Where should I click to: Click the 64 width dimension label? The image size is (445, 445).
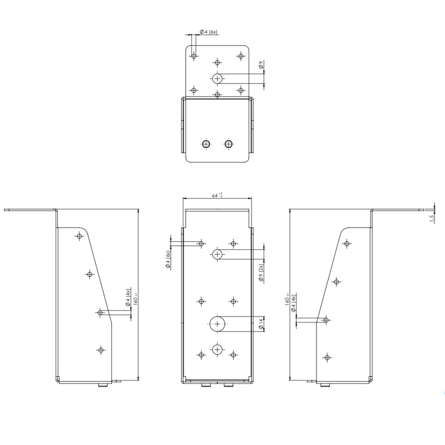[x=217, y=195]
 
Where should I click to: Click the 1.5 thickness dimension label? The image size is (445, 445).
[x=432, y=219]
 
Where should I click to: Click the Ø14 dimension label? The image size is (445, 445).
[x=261, y=323]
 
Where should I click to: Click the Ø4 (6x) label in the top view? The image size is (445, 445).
[x=208, y=33]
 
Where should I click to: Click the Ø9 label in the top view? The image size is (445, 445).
[x=261, y=67]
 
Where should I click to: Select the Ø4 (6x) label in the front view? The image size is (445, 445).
[x=167, y=260]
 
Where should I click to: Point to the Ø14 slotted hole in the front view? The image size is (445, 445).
[x=217, y=323]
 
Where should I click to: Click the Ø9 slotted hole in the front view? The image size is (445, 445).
[x=217, y=254]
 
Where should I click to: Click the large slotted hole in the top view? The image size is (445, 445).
[x=217, y=78]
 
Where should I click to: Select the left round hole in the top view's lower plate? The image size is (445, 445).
[x=206, y=144]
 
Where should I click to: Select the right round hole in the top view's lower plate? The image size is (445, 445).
[x=228, y=144]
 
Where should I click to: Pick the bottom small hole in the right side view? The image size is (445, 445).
[x=328, y=357]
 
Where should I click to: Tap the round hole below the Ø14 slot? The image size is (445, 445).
[x=217, y=349]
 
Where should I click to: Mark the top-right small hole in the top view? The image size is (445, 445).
[x=241, y=56]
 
